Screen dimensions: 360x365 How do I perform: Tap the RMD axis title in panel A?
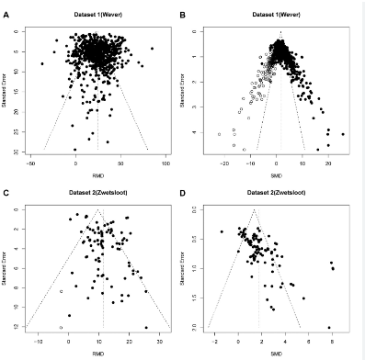pyautogui.click(x=98, y=171)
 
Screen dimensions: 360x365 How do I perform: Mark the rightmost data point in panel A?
pyautogui.click(x=152, y=48)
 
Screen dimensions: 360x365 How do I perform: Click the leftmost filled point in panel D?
pyautogui.click(x=222, y=231)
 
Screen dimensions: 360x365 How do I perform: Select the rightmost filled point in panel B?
pyautogui.click(x=343, y=134)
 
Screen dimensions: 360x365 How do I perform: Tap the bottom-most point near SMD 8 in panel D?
pyautogui.click(x=329, y=327)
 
